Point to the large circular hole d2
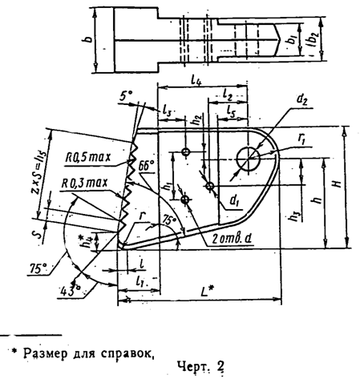[x=253, y=155]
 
